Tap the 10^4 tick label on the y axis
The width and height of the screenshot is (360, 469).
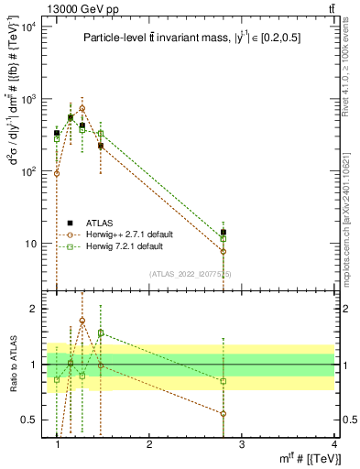click(28, 26)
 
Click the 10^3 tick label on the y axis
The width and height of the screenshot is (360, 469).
click(28, 99)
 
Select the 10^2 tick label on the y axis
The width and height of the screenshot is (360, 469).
click(28, 171)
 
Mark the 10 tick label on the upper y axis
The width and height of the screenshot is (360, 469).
click(31, 244)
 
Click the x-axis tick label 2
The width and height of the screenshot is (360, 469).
click(149, 445)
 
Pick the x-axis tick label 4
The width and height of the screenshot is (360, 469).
click(333, 445)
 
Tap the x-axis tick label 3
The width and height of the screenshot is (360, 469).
click(242, 445)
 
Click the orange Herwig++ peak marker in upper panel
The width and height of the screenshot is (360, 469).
click(82, 108)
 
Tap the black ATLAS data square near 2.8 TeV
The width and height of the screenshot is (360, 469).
click(224, 233)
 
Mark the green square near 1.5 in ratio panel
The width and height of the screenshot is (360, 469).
click(101, 333)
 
